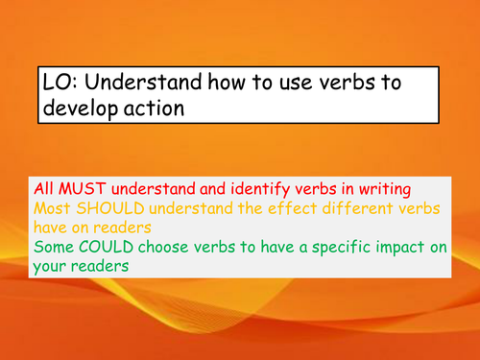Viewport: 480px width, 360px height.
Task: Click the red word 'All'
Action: click(44, 186)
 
